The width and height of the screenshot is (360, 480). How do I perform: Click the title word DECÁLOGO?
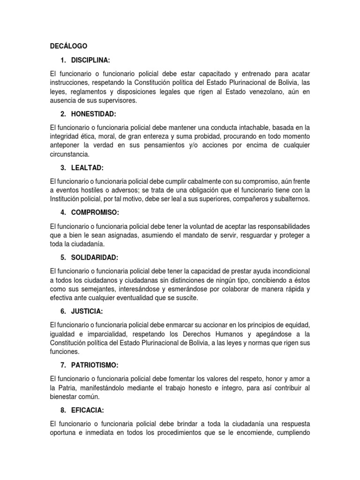(x=68, y=46)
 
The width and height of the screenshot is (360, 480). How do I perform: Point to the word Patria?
(x=68, y=388)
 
